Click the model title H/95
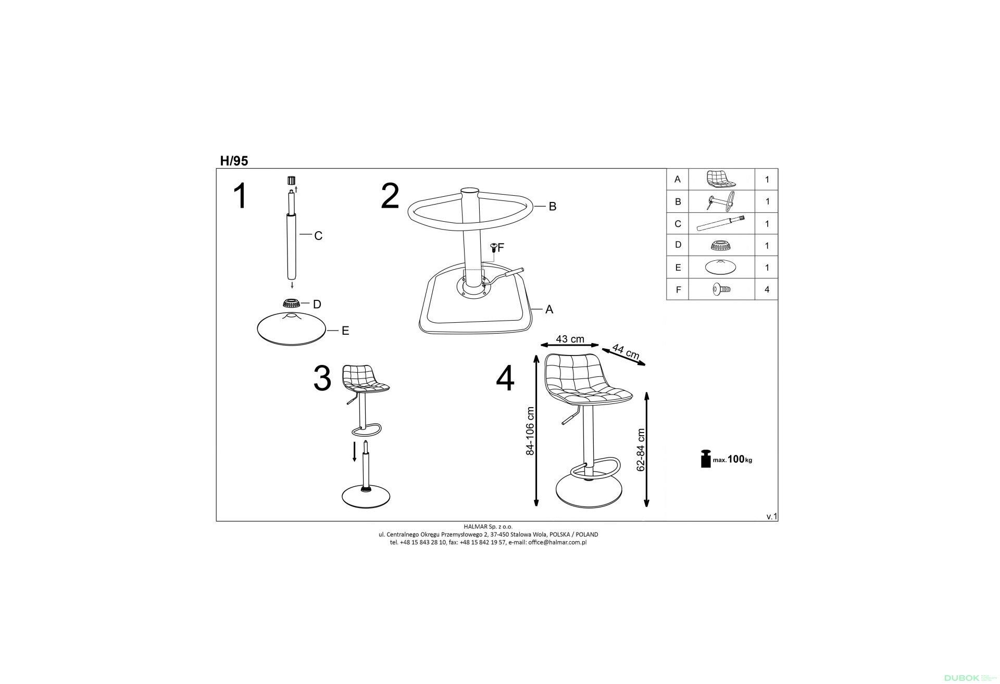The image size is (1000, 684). coord(234,161)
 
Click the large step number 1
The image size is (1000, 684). coord(240,196)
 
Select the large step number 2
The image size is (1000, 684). coord(390,196)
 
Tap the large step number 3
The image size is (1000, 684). coord(322,378)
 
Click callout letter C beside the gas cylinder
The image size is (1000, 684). coord(318,236)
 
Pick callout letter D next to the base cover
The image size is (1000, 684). coord(317,304)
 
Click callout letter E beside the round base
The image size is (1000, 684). coord(345,331)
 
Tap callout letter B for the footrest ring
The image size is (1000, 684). coord(553,207)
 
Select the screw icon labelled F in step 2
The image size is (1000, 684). coord(493,248)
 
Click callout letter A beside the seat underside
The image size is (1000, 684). coord(549,310)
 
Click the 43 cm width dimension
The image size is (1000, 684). coord(570,339)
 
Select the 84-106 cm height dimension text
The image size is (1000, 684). coord(530,431)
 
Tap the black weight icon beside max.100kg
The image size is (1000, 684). coord(706,459)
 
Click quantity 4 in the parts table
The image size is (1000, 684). coord(767,289)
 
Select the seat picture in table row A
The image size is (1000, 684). coord(721,179)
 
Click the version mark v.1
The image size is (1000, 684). coord(771,517)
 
